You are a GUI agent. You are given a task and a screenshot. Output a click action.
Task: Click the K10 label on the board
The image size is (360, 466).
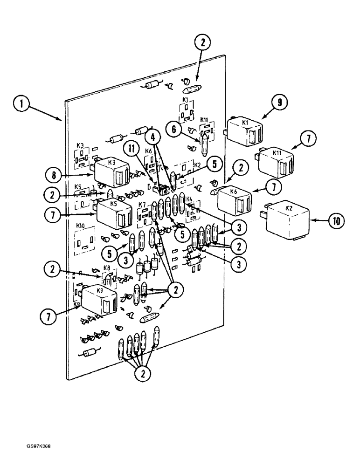click(80, 226)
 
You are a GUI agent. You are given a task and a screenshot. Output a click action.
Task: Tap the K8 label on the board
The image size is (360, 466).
click(107, 268)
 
